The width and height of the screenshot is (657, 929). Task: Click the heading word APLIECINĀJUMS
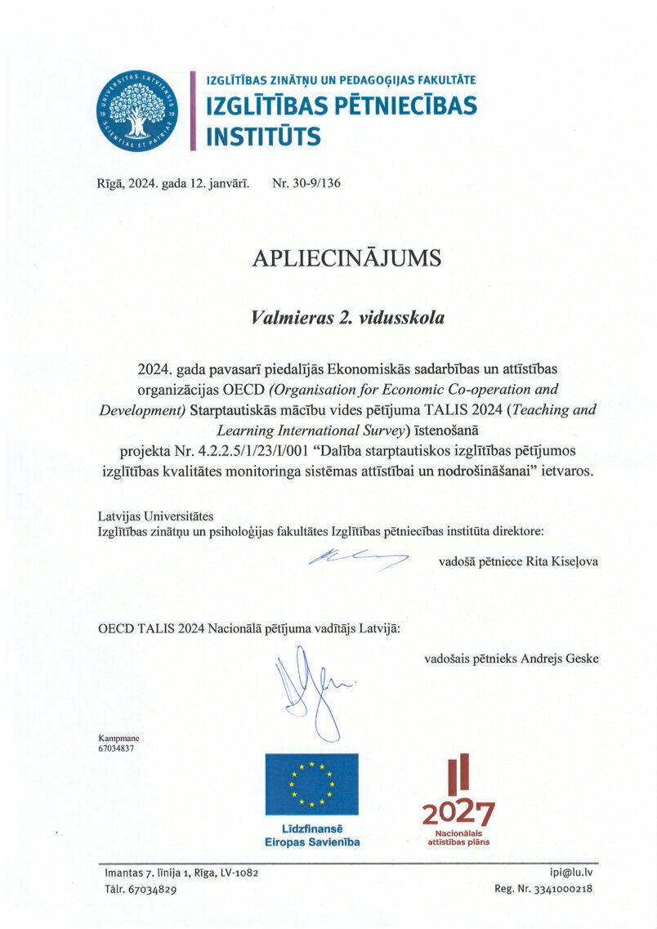click(346, 258)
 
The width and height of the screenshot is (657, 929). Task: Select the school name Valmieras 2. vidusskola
click(347, 318)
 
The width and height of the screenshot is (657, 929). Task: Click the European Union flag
click(311, 784)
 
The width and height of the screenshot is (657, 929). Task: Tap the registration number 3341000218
click(571, 889)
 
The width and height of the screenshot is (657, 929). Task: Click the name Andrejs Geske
click(558, 658)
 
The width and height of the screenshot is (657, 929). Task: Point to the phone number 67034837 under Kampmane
click(115, 748)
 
